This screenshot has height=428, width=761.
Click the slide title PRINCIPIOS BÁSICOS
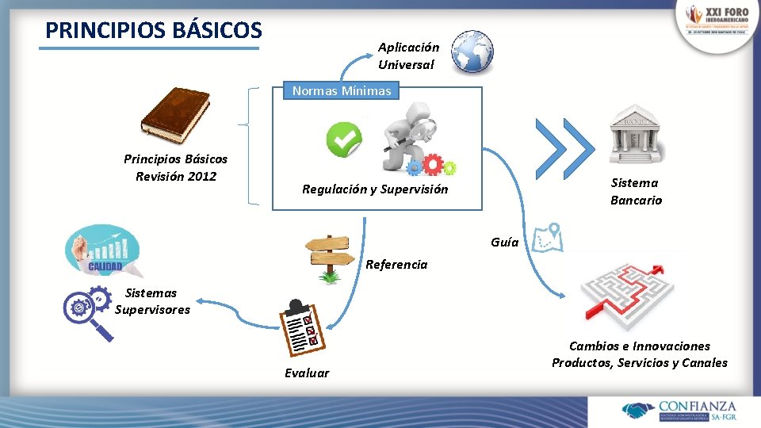click(153, 30)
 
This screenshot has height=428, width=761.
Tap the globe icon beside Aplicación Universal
click(472, 52)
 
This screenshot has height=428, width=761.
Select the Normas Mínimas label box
click(342, 91)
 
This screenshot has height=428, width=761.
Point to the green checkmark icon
click(344, 139)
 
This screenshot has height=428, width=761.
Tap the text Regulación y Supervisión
click(375, 189)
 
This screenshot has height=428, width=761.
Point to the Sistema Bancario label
click(636, 192)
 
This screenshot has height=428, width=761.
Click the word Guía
click(505, 243)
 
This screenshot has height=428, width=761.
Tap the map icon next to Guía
click(548, 236)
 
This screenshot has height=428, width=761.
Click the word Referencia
click(396, 265)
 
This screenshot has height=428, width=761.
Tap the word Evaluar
click(307, 373)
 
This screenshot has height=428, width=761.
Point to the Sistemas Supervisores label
click(152, 302)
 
